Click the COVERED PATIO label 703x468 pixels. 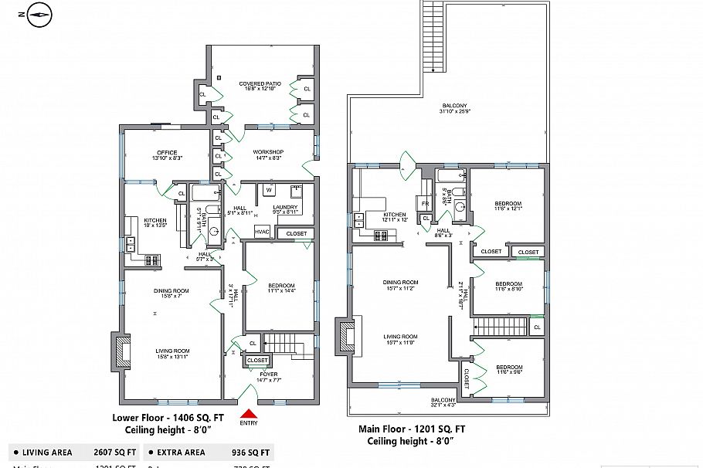(x=260, y=86)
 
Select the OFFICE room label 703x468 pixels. (x=167, y=154)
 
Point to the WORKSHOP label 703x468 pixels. (x=268, y=154)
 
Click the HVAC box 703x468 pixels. (x=262, y=232)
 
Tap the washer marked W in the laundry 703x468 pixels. (x=269, y=190)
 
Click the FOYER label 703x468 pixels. (x=268, y=376)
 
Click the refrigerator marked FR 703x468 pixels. (x=424, y=204)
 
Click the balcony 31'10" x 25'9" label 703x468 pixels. (x=454, y=108)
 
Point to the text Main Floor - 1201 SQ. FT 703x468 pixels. (x=411, y=429)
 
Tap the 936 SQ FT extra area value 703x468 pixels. (x=250, y=453)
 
